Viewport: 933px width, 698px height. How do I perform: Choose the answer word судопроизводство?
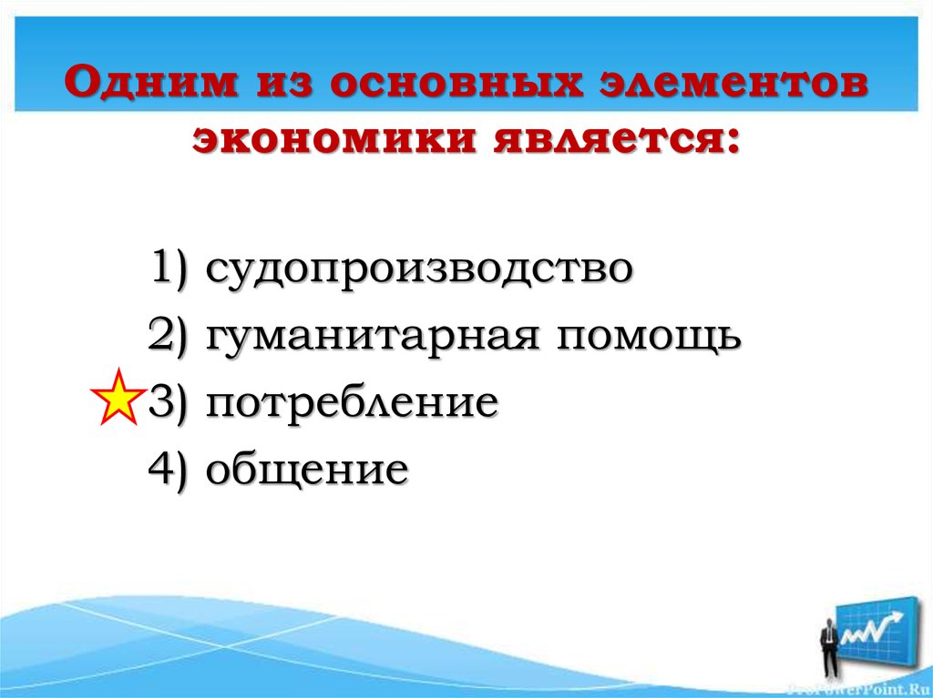pos(418,270)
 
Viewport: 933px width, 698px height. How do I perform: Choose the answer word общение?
pos(306,470)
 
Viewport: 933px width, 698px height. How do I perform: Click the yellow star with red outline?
pos(118,399)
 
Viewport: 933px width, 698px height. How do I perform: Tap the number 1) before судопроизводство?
pos(170,270)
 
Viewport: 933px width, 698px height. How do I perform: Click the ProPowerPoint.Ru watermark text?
pos(866,689)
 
